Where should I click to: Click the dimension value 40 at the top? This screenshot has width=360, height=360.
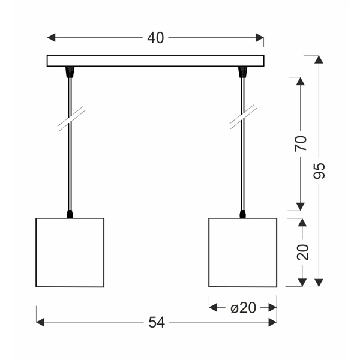pos(155,38)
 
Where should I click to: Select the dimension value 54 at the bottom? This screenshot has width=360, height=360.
pos(156,323)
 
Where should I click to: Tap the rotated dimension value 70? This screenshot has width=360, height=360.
pos(301,143)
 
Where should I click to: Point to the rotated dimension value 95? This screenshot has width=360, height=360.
pos(319,170)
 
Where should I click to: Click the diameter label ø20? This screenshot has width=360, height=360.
pos(243,307)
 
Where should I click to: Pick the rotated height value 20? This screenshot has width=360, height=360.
pos(302,251)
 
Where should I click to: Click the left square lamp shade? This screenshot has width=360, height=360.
pos(70,252)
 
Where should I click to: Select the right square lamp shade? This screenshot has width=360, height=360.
pos(242,252)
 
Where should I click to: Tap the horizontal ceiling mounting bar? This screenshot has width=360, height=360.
pos(155,61)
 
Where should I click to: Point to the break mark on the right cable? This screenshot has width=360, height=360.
pos(242,117)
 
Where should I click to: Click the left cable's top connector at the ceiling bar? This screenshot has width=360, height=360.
pos(70,72)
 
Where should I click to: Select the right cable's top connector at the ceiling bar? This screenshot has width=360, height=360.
pos(242,72)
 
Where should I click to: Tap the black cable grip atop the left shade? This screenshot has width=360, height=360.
pos(70,213)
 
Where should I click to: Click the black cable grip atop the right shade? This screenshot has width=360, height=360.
pos(242,213)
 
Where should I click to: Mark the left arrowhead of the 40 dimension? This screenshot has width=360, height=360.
pos(52,38)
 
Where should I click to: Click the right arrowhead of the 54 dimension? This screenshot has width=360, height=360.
pos(272,323)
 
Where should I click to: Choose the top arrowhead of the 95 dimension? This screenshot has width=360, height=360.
pos(319,59)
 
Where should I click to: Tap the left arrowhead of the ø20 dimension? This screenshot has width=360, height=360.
pos(213,307)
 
